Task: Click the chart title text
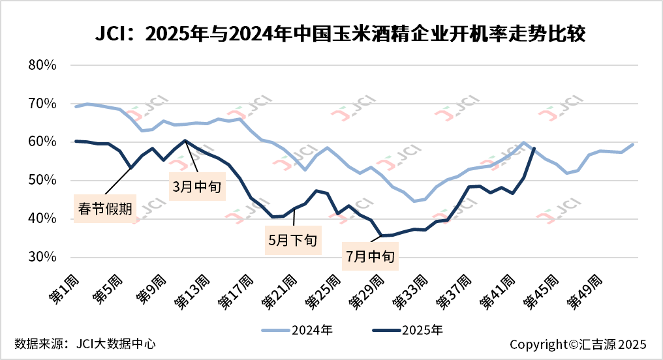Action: (x=331, y=33)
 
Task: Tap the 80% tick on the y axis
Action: (x=44, y=65)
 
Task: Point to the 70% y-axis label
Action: (x=44, y=104)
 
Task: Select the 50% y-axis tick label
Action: (x=44, y=181)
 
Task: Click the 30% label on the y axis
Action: (x=44, y=258)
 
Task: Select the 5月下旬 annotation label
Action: (x=292, y=239)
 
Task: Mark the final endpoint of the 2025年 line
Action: (x=534, y=148)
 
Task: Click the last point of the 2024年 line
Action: (x=633, y=144)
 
